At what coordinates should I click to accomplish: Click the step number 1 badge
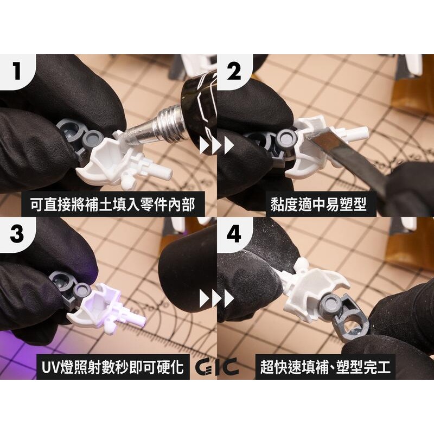click(x=17, y=71)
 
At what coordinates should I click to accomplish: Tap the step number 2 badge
click(x=234, y=71)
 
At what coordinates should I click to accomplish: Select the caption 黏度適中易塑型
click(x=318, y=205)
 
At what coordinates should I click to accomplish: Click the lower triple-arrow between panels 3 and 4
click(x=216, y=298)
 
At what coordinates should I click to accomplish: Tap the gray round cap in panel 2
click(x=285, y=139)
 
